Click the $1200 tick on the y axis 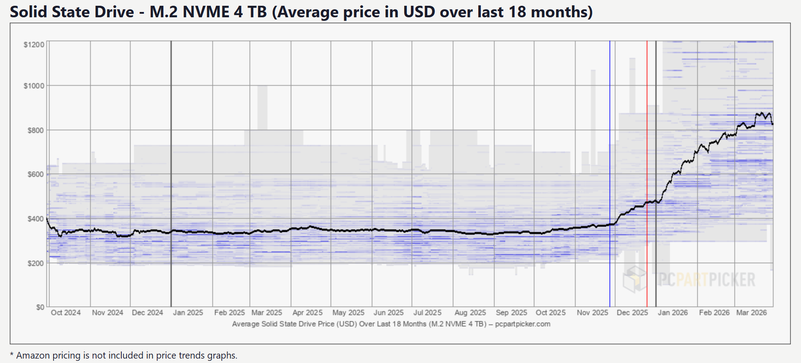coord(34,45)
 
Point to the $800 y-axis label coord(35,130)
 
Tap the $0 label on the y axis coord(40,307)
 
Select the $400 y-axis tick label coord(35,219)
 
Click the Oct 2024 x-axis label coord(66,312)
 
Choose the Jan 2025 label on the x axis coord(188,312)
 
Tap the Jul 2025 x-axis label coord(427,312)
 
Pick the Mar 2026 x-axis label coord(751,312)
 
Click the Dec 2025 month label coord(632,312)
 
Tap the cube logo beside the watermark coord(635,279)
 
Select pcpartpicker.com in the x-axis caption coord(522,324)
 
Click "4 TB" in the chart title coord(250,12)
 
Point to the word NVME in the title coord(206,12)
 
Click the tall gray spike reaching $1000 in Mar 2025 coord(262,106)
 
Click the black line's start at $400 coord(47,219)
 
